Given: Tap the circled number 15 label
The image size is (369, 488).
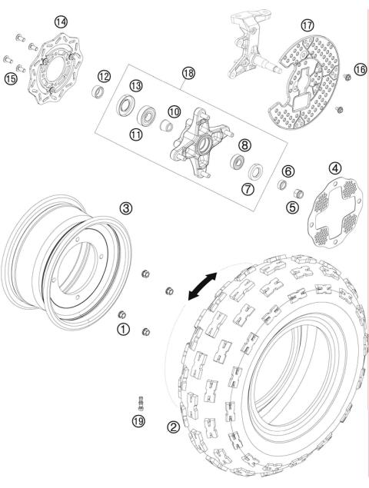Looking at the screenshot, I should point(12,78).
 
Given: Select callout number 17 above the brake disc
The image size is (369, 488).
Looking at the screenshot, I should point(307,25).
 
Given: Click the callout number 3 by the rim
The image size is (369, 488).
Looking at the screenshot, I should point(126,207).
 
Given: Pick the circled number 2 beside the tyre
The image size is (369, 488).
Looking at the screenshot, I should point(174,427).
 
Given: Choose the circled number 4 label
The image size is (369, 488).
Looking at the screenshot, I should point(335,168).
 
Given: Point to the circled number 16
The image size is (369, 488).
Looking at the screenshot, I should point(360,71).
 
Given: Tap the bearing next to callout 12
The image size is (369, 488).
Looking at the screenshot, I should point(98,93).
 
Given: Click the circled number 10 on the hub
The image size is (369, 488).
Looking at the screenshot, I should point(175,111).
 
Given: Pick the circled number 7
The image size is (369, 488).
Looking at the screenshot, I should point(248,189).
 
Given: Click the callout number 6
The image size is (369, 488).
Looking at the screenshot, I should point(288,171).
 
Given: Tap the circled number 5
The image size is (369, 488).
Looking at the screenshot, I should point(292,206).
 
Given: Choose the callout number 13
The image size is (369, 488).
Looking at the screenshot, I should point(135,85).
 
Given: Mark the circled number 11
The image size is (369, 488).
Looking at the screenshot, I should point(136,134).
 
